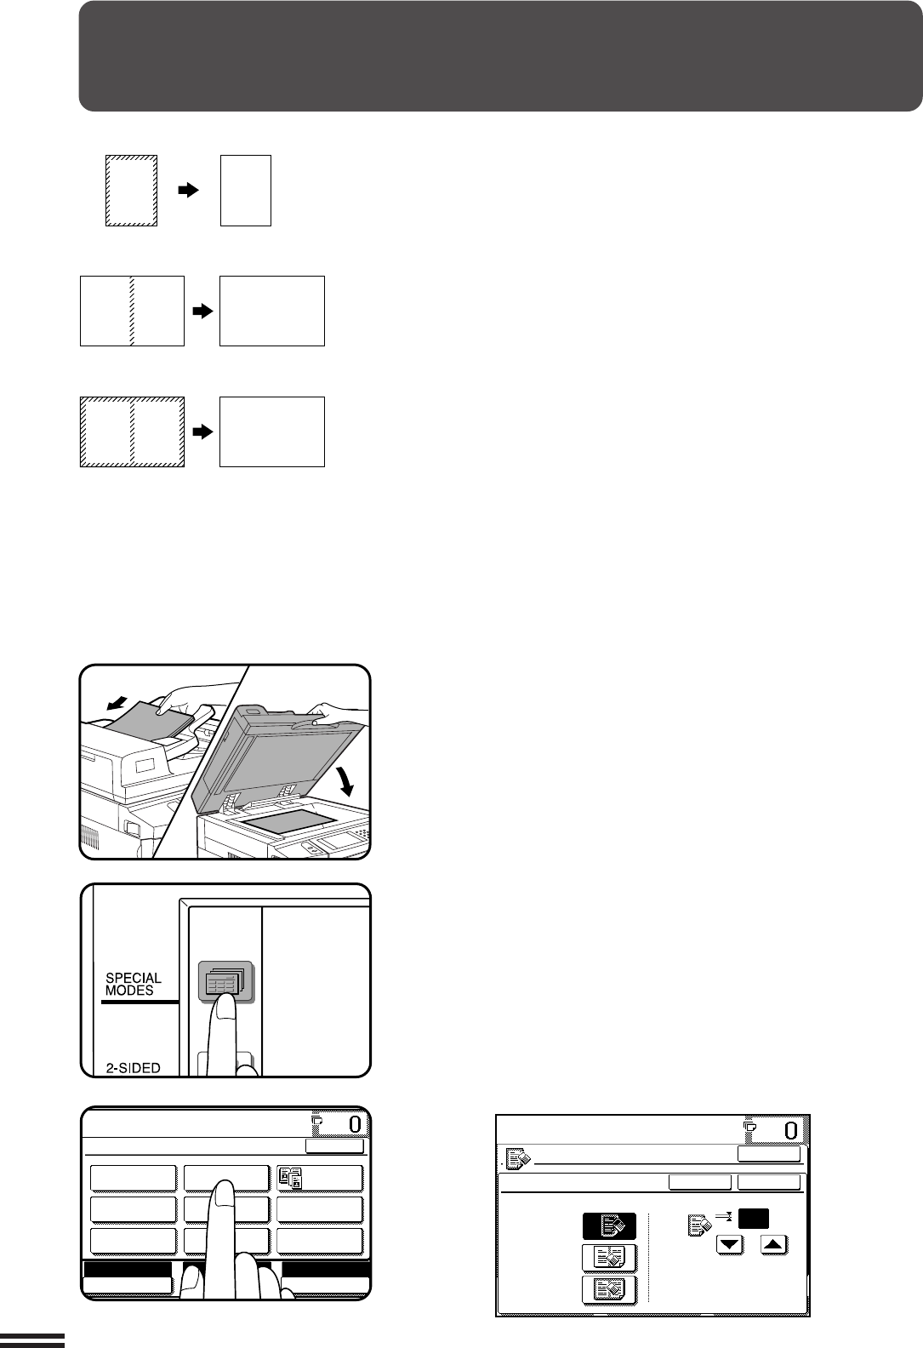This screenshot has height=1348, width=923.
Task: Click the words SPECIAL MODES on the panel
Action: point(133,984)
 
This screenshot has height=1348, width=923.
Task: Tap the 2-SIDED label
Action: point(133,1068)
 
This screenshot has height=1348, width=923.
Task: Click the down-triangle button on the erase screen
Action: point(730,1244)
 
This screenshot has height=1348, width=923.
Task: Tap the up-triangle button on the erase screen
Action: point(774,1244)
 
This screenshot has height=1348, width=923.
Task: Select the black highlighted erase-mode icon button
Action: point(609,1225)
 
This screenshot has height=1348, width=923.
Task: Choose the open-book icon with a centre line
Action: point(609,1258)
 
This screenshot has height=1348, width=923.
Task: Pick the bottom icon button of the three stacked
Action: point(609,1289)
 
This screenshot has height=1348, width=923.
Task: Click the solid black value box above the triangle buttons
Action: point(754,1219)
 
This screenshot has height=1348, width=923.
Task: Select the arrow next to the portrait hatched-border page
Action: point(188,190)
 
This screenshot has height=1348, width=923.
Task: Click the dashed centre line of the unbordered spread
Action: point(132,311)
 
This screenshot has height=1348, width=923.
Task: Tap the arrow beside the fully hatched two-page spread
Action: point(202,431)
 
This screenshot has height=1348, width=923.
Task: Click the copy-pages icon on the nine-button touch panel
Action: point(291,1178)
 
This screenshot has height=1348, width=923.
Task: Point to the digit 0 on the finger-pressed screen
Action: point(355,1123)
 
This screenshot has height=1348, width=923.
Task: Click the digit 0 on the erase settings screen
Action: point(790,1131)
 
